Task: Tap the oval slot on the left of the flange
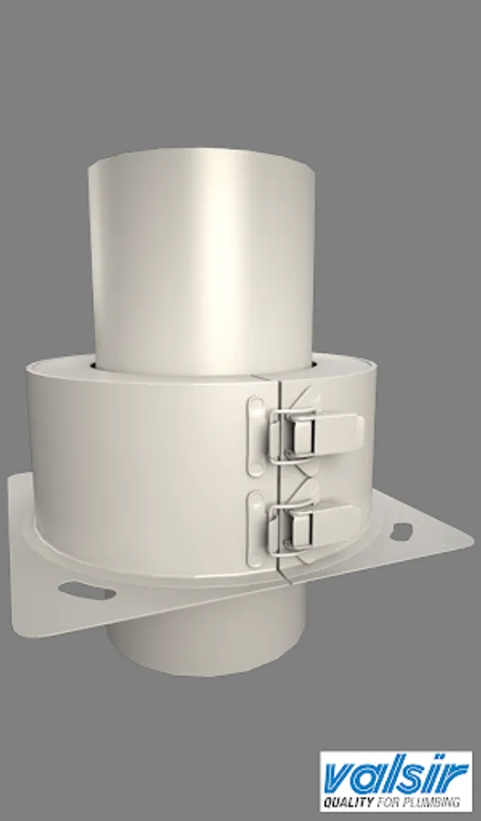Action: [87, 592]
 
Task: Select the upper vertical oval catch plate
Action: [256, 436]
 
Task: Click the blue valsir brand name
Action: [396, 777]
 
